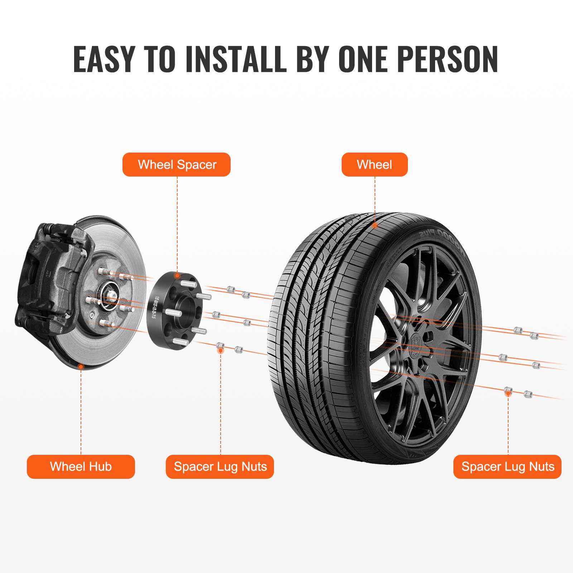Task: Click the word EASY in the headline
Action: [x=104, y=59]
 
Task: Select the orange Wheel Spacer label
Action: [x=177, y=165]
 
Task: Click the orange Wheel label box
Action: [x=375, y=165]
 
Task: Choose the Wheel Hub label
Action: [x=81, y=467]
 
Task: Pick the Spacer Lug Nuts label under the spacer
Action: [x=220, y=467]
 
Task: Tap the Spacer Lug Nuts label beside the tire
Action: [x=507, y=467]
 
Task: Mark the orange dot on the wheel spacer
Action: [x=177, y=276]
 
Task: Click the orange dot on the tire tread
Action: [x=375, y=226]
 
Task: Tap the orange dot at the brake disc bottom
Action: [x=81, y=367]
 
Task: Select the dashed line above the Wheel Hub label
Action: [x=81, y=412]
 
